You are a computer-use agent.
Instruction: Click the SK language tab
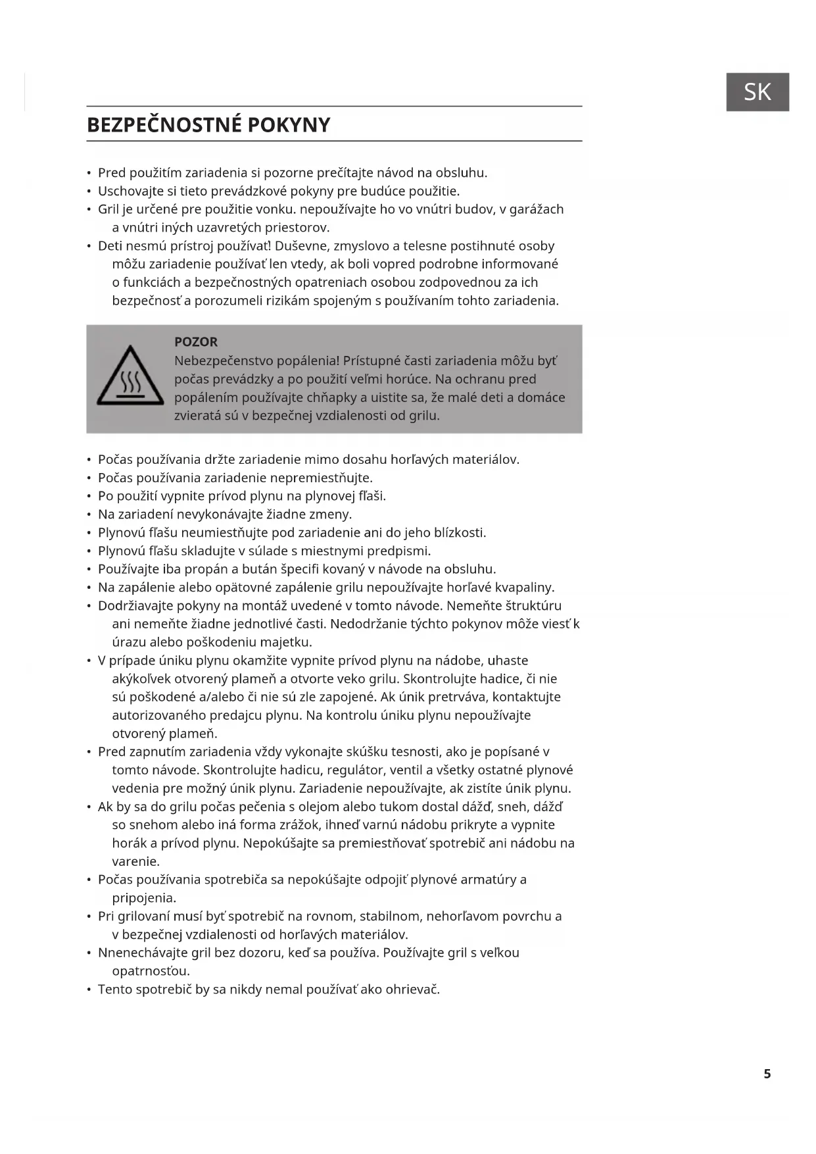(x=757, y=92)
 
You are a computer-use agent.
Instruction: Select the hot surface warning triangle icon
(x=130, y=376)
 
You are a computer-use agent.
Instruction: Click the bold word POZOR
(x=195, y=342)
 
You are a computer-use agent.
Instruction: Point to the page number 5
(x=767, y=1074)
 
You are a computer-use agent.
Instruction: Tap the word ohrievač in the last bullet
(x=412, y=990)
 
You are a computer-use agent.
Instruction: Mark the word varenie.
(x=136, y=861)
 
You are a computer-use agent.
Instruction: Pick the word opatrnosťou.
(x=151, y=971)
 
